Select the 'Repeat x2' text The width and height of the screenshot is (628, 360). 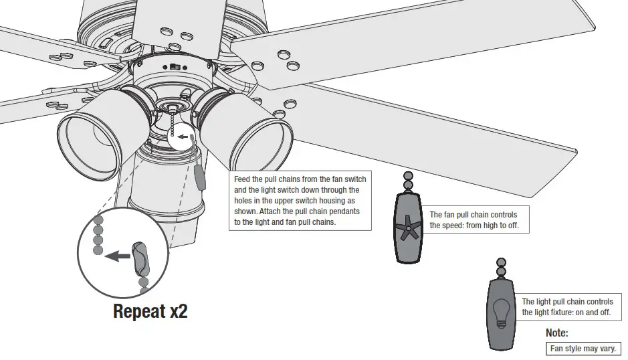(150, 311)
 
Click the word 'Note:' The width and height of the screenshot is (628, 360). (557, 333)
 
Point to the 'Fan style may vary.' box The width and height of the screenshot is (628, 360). (583, 349)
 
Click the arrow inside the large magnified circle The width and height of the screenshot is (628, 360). (119, 256)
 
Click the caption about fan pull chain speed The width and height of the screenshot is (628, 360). (474, 220)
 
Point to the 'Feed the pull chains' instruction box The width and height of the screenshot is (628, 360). (300, 201)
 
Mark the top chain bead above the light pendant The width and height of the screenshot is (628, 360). (501, 262)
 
